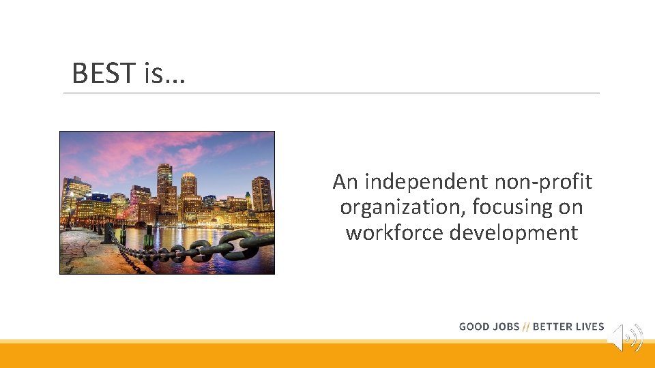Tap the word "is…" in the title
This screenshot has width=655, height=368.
[x=164, y=73]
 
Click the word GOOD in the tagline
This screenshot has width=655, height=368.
[x=474, y=326]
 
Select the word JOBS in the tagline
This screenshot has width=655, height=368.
[x=506, y=326]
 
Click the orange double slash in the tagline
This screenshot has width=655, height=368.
[x=525, y=326]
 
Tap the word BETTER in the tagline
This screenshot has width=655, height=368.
[x=552, y=326]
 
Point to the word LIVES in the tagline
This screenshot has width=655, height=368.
[x=589, y=326]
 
